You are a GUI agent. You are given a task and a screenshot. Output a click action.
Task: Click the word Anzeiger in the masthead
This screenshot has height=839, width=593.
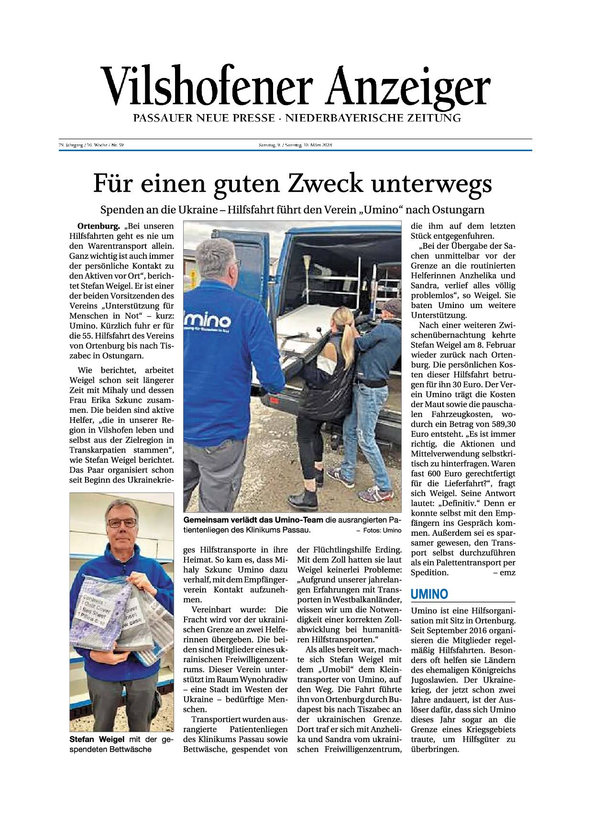(x=407, y=86)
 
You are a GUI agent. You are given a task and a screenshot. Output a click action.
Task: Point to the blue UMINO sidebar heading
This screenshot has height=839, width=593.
(x=429, y=594)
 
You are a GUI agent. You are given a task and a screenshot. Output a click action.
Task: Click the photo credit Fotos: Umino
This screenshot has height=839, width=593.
(x=379, y=530)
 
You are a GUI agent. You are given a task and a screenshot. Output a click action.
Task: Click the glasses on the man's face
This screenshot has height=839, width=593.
(x=121, y=523)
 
